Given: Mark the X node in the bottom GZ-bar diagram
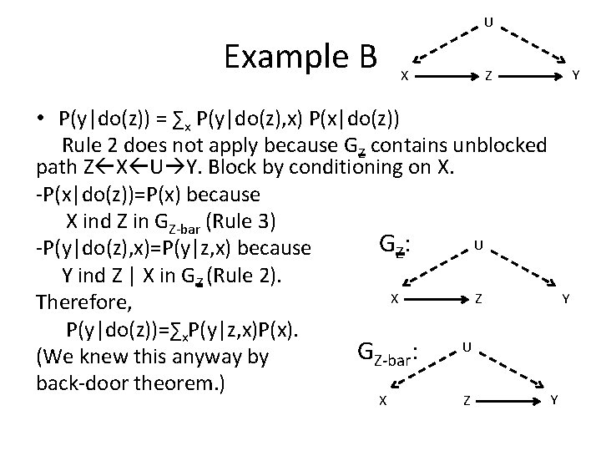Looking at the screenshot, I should (x=381, y=401).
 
